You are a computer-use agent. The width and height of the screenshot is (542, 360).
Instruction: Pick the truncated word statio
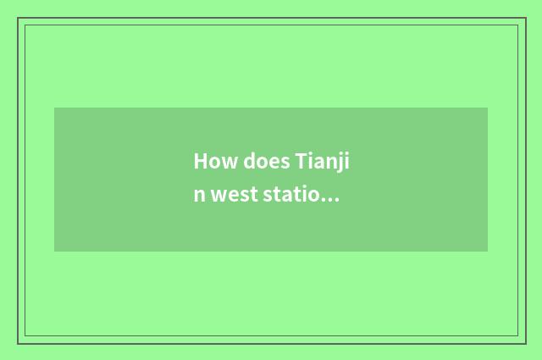[x=296, y=197]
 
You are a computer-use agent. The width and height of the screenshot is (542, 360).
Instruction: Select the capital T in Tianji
[x=301, y=161]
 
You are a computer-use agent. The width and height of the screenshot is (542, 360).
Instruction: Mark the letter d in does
[x=249, y=161]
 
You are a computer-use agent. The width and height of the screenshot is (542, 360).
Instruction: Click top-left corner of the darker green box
[x=54, y=108]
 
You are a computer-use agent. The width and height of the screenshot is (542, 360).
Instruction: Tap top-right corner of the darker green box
[x=488, y=108]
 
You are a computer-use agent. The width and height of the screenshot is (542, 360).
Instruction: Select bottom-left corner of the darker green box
[x=54, y=252]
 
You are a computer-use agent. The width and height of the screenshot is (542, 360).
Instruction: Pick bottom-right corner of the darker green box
[x=488, y=252]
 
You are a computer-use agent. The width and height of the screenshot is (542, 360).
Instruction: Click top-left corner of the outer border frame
[x=18, y=18]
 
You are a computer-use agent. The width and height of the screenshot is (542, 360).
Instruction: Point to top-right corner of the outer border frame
[x=525, y=18]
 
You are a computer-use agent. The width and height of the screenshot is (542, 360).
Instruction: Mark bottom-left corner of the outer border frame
[x=18, y=343]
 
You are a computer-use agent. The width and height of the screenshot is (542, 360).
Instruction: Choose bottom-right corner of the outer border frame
[x=525, y=343]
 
